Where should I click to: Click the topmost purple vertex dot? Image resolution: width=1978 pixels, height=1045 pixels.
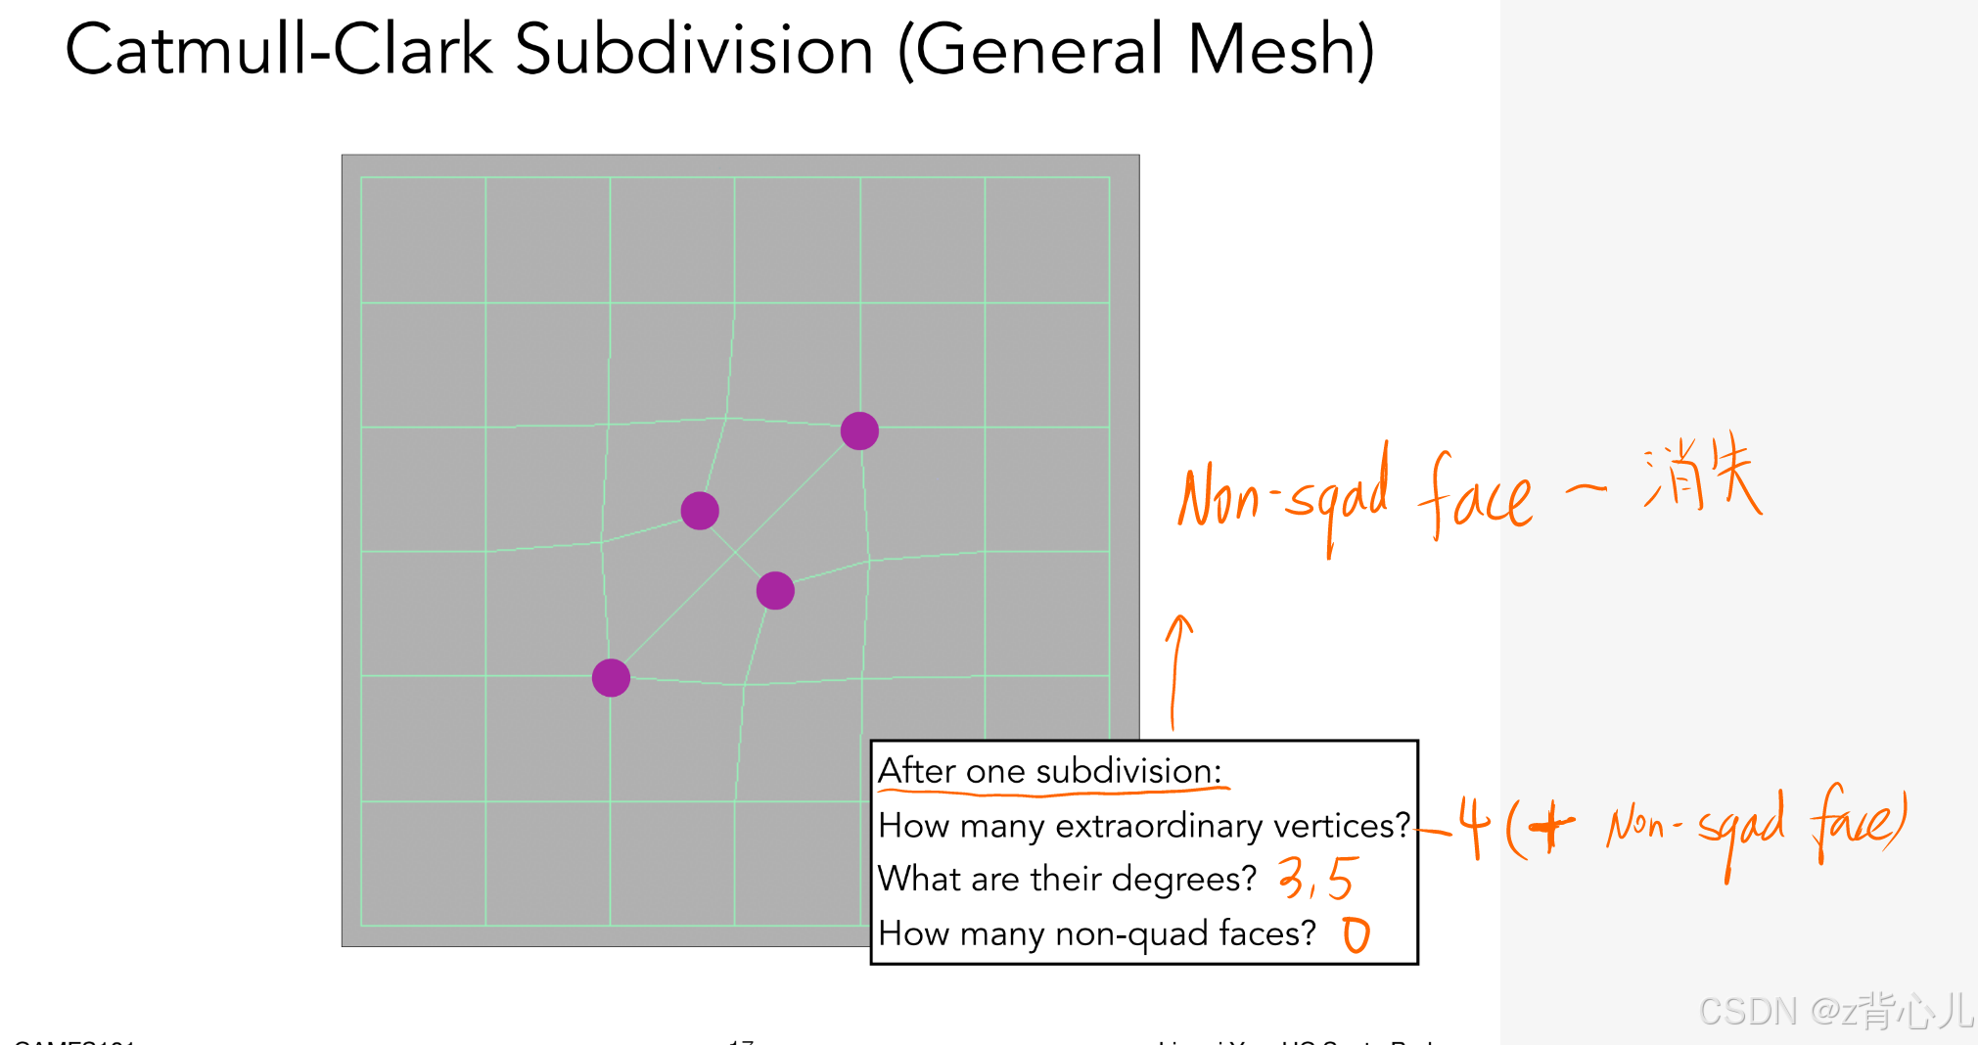coord(859,431)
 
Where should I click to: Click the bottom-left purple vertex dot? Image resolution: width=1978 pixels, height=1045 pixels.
coord(611,677)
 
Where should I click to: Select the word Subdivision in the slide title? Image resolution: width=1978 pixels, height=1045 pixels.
coord(693,51)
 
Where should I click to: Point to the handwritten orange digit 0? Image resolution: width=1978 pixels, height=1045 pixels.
coord(1356,935)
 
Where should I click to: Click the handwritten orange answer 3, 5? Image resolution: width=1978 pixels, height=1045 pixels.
coord(1317,878)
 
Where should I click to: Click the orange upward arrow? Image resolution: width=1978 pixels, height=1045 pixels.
coord(1177,670)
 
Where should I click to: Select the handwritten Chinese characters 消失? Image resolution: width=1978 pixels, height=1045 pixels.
coord(1703,475)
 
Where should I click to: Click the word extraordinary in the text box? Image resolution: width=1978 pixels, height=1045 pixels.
coord(1142,826)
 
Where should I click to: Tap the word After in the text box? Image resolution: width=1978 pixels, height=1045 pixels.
coord(917,771)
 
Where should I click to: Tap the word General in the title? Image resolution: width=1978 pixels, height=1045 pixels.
coord(1042,51)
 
